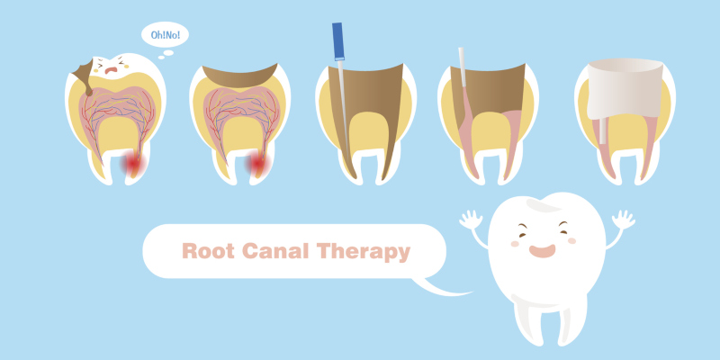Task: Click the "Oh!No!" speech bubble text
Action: [165, 35]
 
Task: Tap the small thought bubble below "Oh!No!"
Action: [168, 53]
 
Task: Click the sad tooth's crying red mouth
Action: [111, 70]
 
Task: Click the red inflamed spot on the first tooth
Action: [133, 164]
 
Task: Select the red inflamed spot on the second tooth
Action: [257, 164]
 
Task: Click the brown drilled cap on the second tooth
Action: [239, 76]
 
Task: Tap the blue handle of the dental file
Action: [338, 41]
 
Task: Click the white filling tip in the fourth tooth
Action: [462, 67]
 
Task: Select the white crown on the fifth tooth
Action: [625, 87]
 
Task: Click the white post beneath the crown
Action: [602, 130]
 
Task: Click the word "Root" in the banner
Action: [208, 251]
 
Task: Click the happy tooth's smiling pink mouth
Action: [542, 251]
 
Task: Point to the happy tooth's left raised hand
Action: [471, 220]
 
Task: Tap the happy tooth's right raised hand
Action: [624, 220]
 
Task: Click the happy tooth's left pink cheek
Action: [515, 244]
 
